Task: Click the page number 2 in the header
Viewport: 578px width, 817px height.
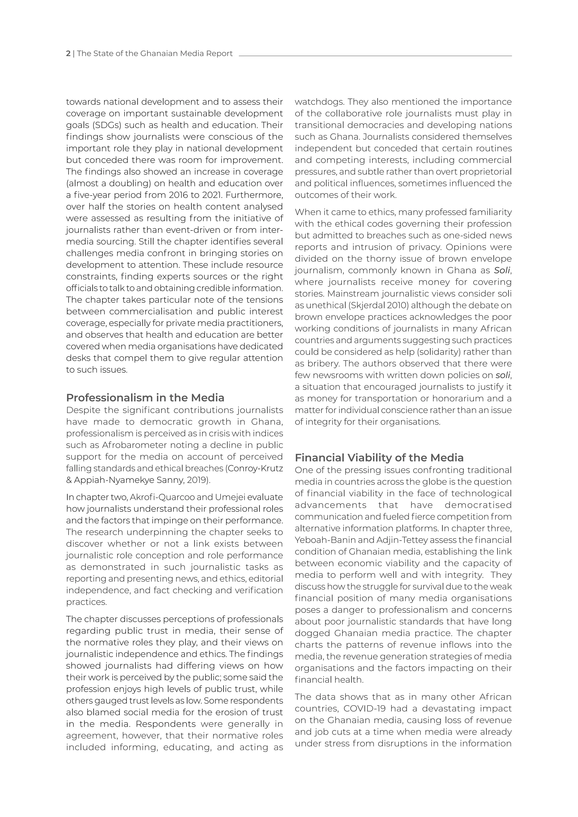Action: (x=68, y=54)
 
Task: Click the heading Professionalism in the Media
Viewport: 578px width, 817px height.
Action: (x=145, y=397)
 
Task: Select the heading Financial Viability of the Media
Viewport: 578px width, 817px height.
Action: (x=379, y=458)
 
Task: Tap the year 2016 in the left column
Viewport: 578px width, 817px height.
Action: (x=179, y=195)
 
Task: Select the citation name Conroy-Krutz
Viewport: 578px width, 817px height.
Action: (x=255, y=468)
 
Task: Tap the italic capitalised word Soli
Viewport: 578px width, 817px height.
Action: (x=502, y=271)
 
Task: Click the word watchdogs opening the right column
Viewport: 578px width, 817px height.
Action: (x=319, y=102)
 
